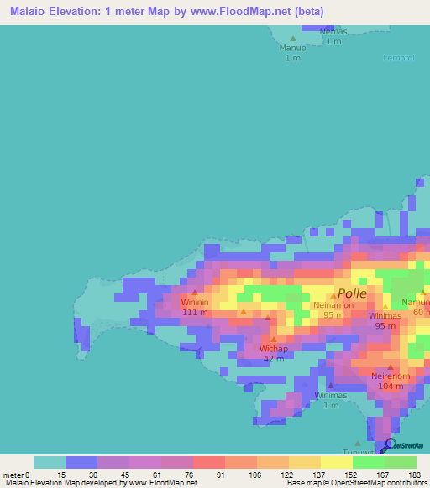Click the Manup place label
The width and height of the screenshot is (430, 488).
(293, 48)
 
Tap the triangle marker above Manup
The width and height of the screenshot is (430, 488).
(293, 39)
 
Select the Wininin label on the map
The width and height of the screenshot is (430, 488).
(195, 303)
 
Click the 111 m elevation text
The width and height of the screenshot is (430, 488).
(195, 312)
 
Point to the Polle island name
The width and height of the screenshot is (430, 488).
(352, 293)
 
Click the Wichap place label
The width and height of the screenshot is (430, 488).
(274, 348)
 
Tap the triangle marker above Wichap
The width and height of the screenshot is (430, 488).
(274, 339)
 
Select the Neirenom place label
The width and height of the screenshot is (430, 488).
(391, 376)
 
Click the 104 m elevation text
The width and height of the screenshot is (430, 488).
(391, 386)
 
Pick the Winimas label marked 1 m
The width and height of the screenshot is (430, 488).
(331, 395)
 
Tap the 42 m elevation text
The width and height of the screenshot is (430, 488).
(274, 358)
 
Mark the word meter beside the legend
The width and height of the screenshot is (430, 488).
(14, 474)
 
